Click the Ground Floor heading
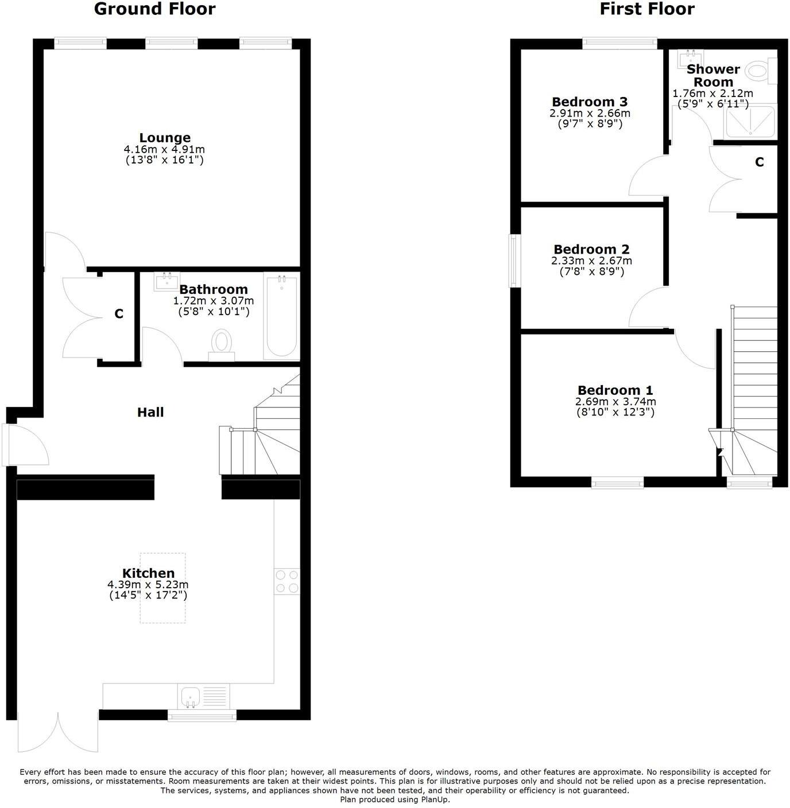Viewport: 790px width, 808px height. click(154, 9)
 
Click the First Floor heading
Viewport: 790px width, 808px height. click(647, 9)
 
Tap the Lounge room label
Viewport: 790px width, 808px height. click(165, 138)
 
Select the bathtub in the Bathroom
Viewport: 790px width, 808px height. click(281, 316)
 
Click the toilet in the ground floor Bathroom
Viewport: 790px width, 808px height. click(221, 343)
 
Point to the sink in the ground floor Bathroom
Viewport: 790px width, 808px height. click(166, 281)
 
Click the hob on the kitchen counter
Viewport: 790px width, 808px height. click(286, 581)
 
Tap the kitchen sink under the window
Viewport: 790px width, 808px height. click(190, 697)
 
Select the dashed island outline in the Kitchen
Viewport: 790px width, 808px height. click(163, 588)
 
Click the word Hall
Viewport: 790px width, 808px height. click(150, 412)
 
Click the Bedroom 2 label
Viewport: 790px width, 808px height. click(591, 250)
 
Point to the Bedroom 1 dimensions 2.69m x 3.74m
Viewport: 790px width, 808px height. click(615, 402)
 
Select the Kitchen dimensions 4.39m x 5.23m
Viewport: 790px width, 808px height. click(148, 585)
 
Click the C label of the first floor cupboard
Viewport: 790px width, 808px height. click(759, 162)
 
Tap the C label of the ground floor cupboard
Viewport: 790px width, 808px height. click(119, 314)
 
